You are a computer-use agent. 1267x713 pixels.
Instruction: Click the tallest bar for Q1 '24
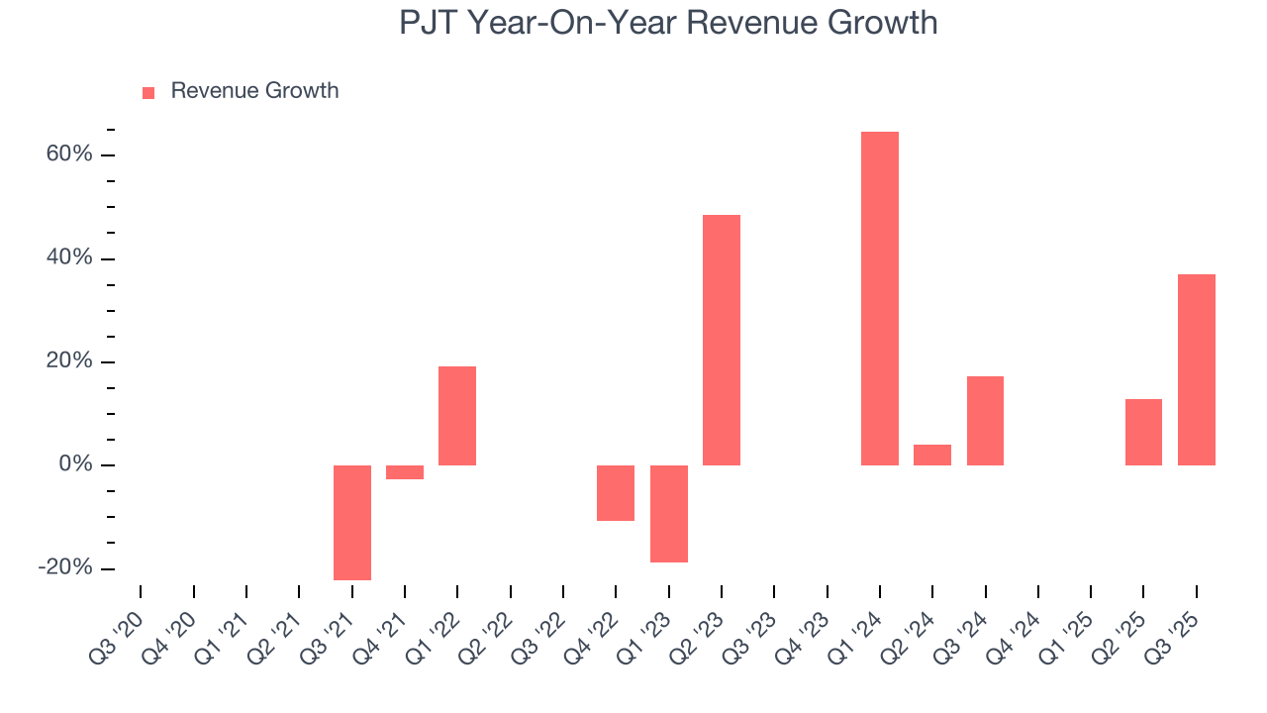tap(879, 298)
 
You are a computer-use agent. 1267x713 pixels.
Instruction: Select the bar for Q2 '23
tap(721, 340)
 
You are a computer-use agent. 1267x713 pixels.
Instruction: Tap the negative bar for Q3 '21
tap(351, 522)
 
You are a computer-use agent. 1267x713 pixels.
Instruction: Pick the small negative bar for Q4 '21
tap(404, 472)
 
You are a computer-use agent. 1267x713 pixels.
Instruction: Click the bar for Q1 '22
tap(457, 416)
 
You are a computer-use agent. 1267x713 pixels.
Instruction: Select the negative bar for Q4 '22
tap(616, 492)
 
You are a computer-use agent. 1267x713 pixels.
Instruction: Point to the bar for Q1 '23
tap(668, 513)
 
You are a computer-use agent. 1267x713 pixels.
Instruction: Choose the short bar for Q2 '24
tap(931, 455)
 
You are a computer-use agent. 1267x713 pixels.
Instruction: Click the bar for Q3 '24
tap(985, 421)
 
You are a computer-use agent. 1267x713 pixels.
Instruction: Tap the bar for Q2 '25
tap(1143, 432)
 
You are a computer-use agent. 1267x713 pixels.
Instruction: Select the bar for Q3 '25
tap(1196, 369)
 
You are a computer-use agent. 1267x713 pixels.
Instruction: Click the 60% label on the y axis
tap(66, 154)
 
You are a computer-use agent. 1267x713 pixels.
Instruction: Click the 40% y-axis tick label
tap(66, 258)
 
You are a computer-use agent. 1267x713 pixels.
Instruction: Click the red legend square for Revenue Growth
tap(148, 92)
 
